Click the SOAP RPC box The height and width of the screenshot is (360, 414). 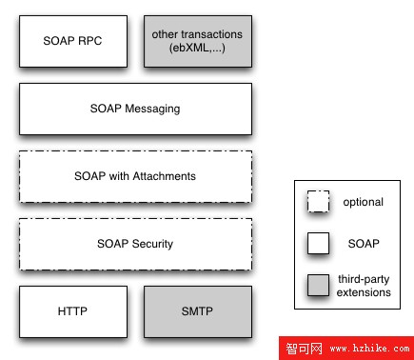pos(73,41)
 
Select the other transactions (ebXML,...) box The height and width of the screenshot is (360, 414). pos(198,41)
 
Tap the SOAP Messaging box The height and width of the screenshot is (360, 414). pos(135,109)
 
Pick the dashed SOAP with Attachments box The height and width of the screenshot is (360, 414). pos(135,176)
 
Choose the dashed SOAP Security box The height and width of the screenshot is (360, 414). pos(135,244)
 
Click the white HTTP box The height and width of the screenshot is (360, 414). pos(73,311)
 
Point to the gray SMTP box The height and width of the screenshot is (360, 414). pos(198,311)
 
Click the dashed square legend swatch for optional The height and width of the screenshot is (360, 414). pos(317,203)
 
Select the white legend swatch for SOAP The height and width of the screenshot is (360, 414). pos(317,244)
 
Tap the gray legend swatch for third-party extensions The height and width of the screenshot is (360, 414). pos(317,285)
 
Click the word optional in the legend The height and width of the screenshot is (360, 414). pos(363,203)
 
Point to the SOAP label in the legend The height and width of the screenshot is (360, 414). pos(363,244)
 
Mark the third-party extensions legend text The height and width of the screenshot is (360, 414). pos(363,286)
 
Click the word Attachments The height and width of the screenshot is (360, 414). pos(164,176)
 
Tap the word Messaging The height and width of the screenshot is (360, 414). pos(154,109)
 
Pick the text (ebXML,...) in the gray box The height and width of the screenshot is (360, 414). pos(198,49)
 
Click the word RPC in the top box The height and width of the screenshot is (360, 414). pos(90,41)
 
